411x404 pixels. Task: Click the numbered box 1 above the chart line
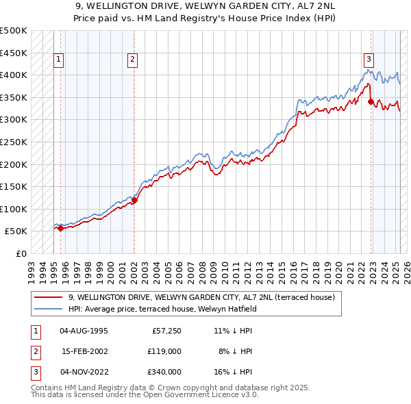point(60,60)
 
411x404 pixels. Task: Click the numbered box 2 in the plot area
point(132,60)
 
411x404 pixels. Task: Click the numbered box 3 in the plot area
point(369,60)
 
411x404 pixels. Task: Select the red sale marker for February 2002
point(134,200)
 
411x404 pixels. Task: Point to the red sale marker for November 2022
point(371,101)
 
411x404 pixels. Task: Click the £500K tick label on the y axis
point(14,31)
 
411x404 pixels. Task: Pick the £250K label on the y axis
point(14,142)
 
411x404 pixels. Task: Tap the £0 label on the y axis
point(21,253)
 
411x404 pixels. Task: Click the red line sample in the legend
point(49,297)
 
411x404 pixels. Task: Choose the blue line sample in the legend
point(49,309)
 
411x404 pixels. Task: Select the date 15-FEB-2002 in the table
point(84,351)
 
